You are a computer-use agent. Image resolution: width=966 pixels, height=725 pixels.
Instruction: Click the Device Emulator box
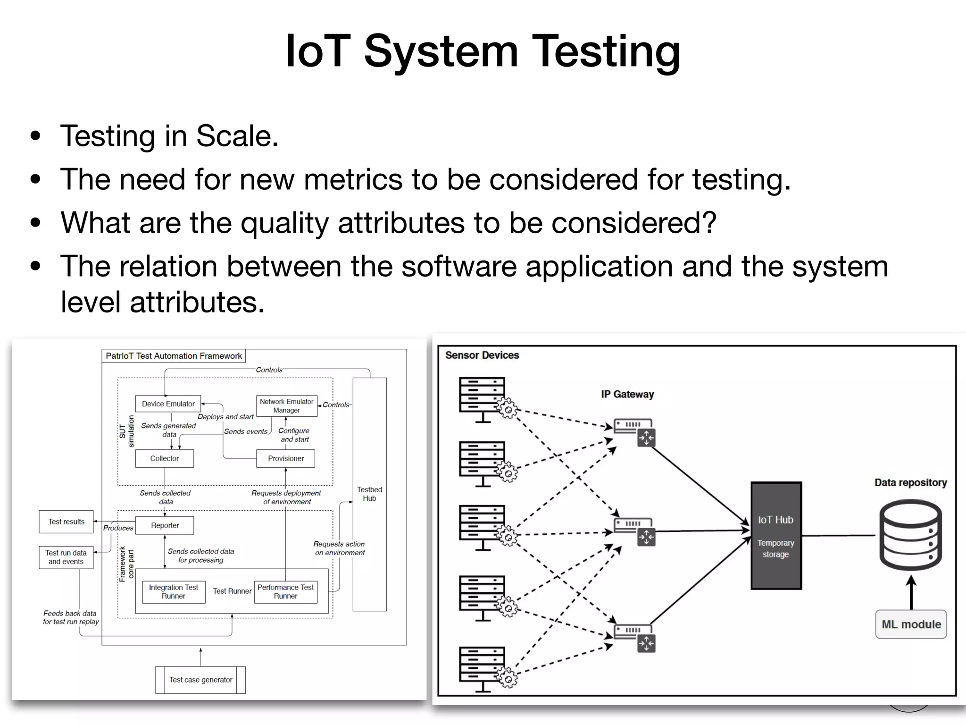click(x=168, y=404)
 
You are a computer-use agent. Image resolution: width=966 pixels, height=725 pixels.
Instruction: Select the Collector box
click(x=164, y=458)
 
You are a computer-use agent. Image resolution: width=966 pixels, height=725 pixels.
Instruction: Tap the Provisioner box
click(x=286, y=458)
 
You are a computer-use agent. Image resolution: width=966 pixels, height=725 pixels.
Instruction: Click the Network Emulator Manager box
click(x=286, y=406)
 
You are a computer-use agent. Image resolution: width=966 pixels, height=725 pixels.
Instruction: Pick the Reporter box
click(x=165, y=525)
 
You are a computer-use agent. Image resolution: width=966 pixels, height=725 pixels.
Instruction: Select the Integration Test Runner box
click(x=174, y=592)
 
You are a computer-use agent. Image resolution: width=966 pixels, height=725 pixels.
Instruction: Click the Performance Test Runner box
click(x=285, y=592)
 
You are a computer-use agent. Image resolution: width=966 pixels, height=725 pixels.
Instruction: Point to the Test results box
click(x=66, y=522)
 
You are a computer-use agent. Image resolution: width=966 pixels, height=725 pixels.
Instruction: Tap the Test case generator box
click(x=200, y=680)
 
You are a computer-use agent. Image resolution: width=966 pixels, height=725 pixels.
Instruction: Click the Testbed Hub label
click(x=369, y=494)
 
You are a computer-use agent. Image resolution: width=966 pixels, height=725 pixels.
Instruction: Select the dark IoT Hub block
click(x=776, y=536)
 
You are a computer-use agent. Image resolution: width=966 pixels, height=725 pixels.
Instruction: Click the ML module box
click(x=911, y=624)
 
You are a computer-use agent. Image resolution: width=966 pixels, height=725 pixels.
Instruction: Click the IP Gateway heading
click(x=627, y=394)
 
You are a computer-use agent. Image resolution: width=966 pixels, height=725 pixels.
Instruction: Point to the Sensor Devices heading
click(x=482, y=355)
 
